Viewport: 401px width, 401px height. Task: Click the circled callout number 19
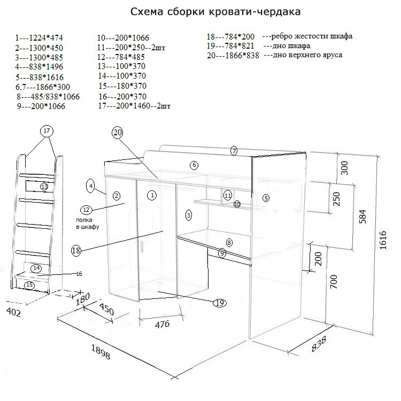219,303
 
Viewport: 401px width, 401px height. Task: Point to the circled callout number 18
77,250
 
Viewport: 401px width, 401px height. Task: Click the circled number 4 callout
91,186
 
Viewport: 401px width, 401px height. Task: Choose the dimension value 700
334,281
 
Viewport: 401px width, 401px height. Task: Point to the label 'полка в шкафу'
88,223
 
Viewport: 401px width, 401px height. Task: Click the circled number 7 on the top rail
234,151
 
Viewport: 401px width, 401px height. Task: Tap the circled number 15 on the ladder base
30,285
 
